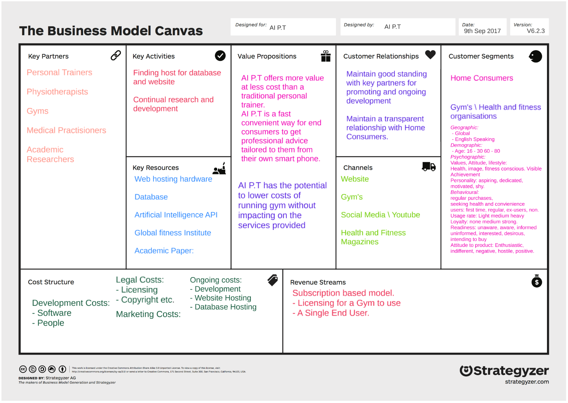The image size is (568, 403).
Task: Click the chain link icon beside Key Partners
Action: tap(116, 56)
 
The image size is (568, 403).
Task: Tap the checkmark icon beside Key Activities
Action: tap(220, 56)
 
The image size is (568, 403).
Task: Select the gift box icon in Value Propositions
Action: tap(325, 56)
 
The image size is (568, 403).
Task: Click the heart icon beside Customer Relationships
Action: tap(430, 55)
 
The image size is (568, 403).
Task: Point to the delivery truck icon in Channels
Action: tap(429, 167)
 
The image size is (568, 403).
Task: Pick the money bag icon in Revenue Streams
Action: tap(536, 281)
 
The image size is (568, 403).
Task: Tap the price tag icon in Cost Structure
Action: tap(273, 280)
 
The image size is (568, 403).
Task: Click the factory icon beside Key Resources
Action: tap(220, 168)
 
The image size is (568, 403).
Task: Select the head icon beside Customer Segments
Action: tap(535, 56)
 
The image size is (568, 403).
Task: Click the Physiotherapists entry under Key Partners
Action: tap(58, 92)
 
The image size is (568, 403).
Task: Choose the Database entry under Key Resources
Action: tap(151, 197)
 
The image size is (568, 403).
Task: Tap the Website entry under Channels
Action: tap(355, 179)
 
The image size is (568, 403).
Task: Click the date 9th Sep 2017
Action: tap(482, 31)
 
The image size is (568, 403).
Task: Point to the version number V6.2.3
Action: tap(535, 31)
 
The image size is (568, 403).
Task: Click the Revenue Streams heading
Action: tap(318, 282)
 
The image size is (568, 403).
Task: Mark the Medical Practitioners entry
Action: tap(66, 131)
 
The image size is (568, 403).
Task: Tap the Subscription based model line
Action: tap(343, 293)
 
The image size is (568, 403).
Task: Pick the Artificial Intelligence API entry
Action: tap(176, 215)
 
